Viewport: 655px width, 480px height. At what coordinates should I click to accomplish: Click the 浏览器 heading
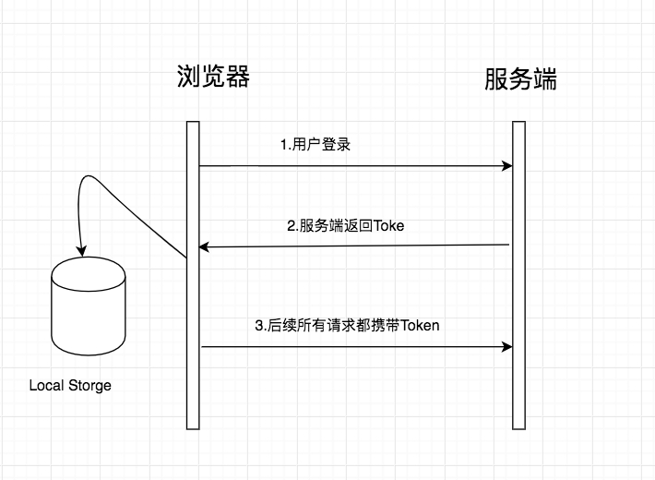(213, 76)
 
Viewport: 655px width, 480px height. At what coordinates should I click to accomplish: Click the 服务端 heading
(521, 79)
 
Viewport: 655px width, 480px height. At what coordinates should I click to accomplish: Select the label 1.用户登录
(316, 145)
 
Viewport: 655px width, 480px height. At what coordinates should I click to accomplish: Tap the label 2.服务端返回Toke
(345, 226)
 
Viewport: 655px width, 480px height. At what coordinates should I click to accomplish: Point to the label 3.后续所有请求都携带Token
(347, 325)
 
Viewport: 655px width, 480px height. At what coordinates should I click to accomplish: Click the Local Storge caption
(70, 386)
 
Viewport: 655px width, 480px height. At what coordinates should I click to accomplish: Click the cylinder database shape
(89, 306)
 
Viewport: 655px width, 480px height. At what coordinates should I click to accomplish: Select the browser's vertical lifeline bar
(193, 275)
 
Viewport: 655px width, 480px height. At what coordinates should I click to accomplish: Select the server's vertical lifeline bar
(518, 275)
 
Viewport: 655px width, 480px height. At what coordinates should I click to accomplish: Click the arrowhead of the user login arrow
(507, 166)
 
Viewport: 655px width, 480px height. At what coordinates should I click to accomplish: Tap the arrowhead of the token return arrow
(204, 247)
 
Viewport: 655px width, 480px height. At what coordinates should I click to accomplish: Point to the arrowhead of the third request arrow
(507, 347)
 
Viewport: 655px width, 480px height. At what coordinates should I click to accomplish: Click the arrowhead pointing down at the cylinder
(81, 251)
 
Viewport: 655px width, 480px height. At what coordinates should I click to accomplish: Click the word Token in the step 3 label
(420, 325)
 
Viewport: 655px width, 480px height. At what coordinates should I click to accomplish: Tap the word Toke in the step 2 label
(389, 226)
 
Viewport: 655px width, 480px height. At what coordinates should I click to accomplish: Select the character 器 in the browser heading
(239, 76)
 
